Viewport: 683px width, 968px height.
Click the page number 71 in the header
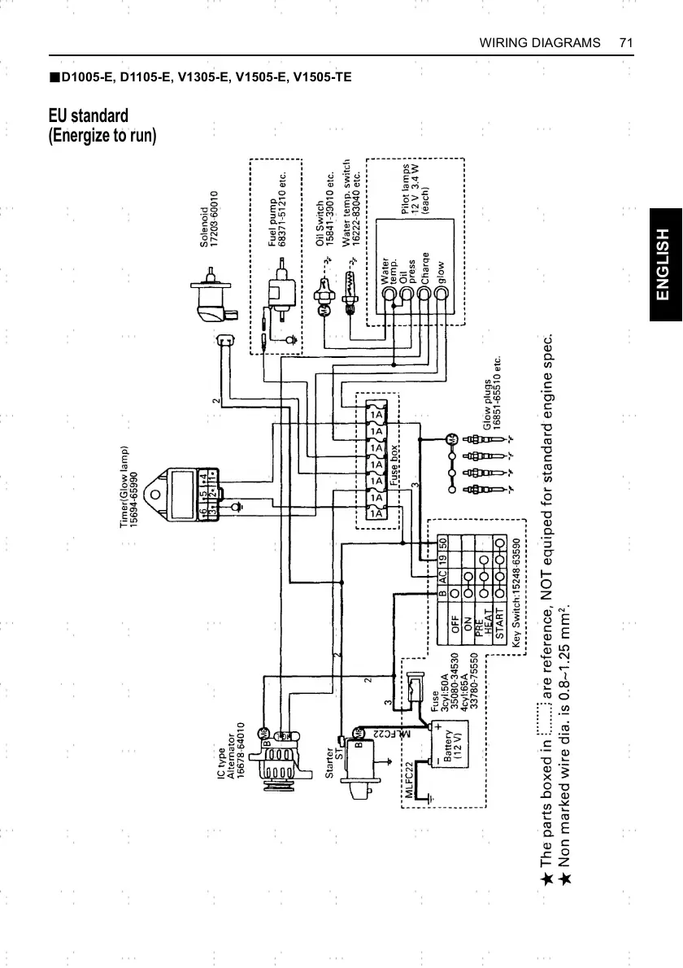click(625, 42)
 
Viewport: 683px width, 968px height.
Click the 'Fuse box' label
click(392, 467)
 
